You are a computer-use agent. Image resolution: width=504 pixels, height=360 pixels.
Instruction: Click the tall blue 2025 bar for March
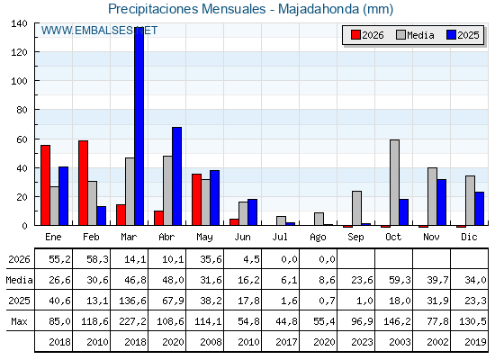click(x=139, y=126)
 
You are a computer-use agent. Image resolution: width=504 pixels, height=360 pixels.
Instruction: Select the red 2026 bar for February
click(x=83, y=183)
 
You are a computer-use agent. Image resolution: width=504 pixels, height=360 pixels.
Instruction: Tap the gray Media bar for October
click(x=394, y=183)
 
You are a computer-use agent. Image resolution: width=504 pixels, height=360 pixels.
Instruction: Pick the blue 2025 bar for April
click(x=176, y=176)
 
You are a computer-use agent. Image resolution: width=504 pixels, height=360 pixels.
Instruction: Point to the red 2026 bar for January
click(x=45, y=185)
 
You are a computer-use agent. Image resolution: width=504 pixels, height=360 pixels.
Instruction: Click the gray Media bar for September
click(x=356, y=208)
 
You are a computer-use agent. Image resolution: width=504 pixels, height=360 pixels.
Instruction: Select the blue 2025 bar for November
click(x=441, y=202)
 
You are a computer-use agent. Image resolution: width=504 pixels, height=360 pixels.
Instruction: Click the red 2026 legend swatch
click(x=355, y=35)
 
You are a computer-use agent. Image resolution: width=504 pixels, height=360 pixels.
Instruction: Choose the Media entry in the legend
click(x=415, y=35)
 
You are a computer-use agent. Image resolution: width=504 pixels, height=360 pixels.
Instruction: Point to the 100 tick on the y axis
click(x=19, y=81)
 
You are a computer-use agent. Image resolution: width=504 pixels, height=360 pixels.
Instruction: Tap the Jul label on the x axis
click(x=280, y=238)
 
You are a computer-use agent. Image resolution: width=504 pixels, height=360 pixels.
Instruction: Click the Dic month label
click(x=469, y=238)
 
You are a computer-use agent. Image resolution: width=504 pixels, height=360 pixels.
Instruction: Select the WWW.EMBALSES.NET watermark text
click(x=99, y=31)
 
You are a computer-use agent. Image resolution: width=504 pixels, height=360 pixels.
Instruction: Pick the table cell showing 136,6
click(x=132, y=301)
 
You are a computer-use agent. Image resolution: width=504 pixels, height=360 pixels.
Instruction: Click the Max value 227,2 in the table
click(x=132, y=321)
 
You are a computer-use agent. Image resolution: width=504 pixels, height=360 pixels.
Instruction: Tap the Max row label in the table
click(x=19, y=321)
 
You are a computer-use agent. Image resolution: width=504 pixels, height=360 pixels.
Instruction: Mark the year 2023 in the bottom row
click(x=362, y=342)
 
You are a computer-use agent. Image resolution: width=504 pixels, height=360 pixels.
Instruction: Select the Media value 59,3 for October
click(x=400, y=280)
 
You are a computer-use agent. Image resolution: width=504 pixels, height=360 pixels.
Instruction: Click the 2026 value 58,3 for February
click(x=97, y=259)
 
